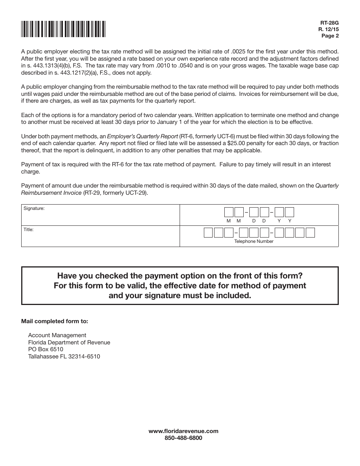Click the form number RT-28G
tap(331, 23)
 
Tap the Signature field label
tap(34, 208)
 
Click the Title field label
tap(29, 230)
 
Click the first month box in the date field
tap(229, 212)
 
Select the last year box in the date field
tap(290, 212)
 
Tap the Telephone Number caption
tap(254, 241)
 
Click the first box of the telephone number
tap(208, 233)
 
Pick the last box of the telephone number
tap(310, 233)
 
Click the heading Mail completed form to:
tap(55, 321)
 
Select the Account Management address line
tap(57, 335)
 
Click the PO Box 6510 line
tap(46, 349)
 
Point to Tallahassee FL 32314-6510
tap(64, 357)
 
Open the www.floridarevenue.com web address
tap(183, 431)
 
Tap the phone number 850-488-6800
tap(183, 438)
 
